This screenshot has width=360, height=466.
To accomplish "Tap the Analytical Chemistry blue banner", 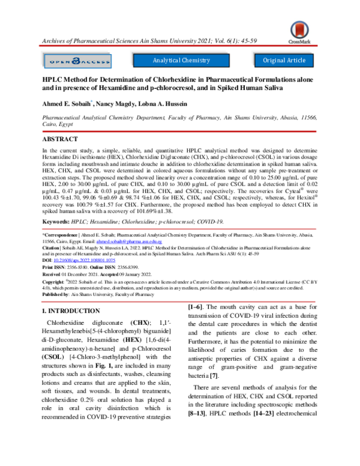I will pos(181,61).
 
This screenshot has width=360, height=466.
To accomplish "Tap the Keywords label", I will pos(55,221).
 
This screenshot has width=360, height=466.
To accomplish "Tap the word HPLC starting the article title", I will pos(53,79).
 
